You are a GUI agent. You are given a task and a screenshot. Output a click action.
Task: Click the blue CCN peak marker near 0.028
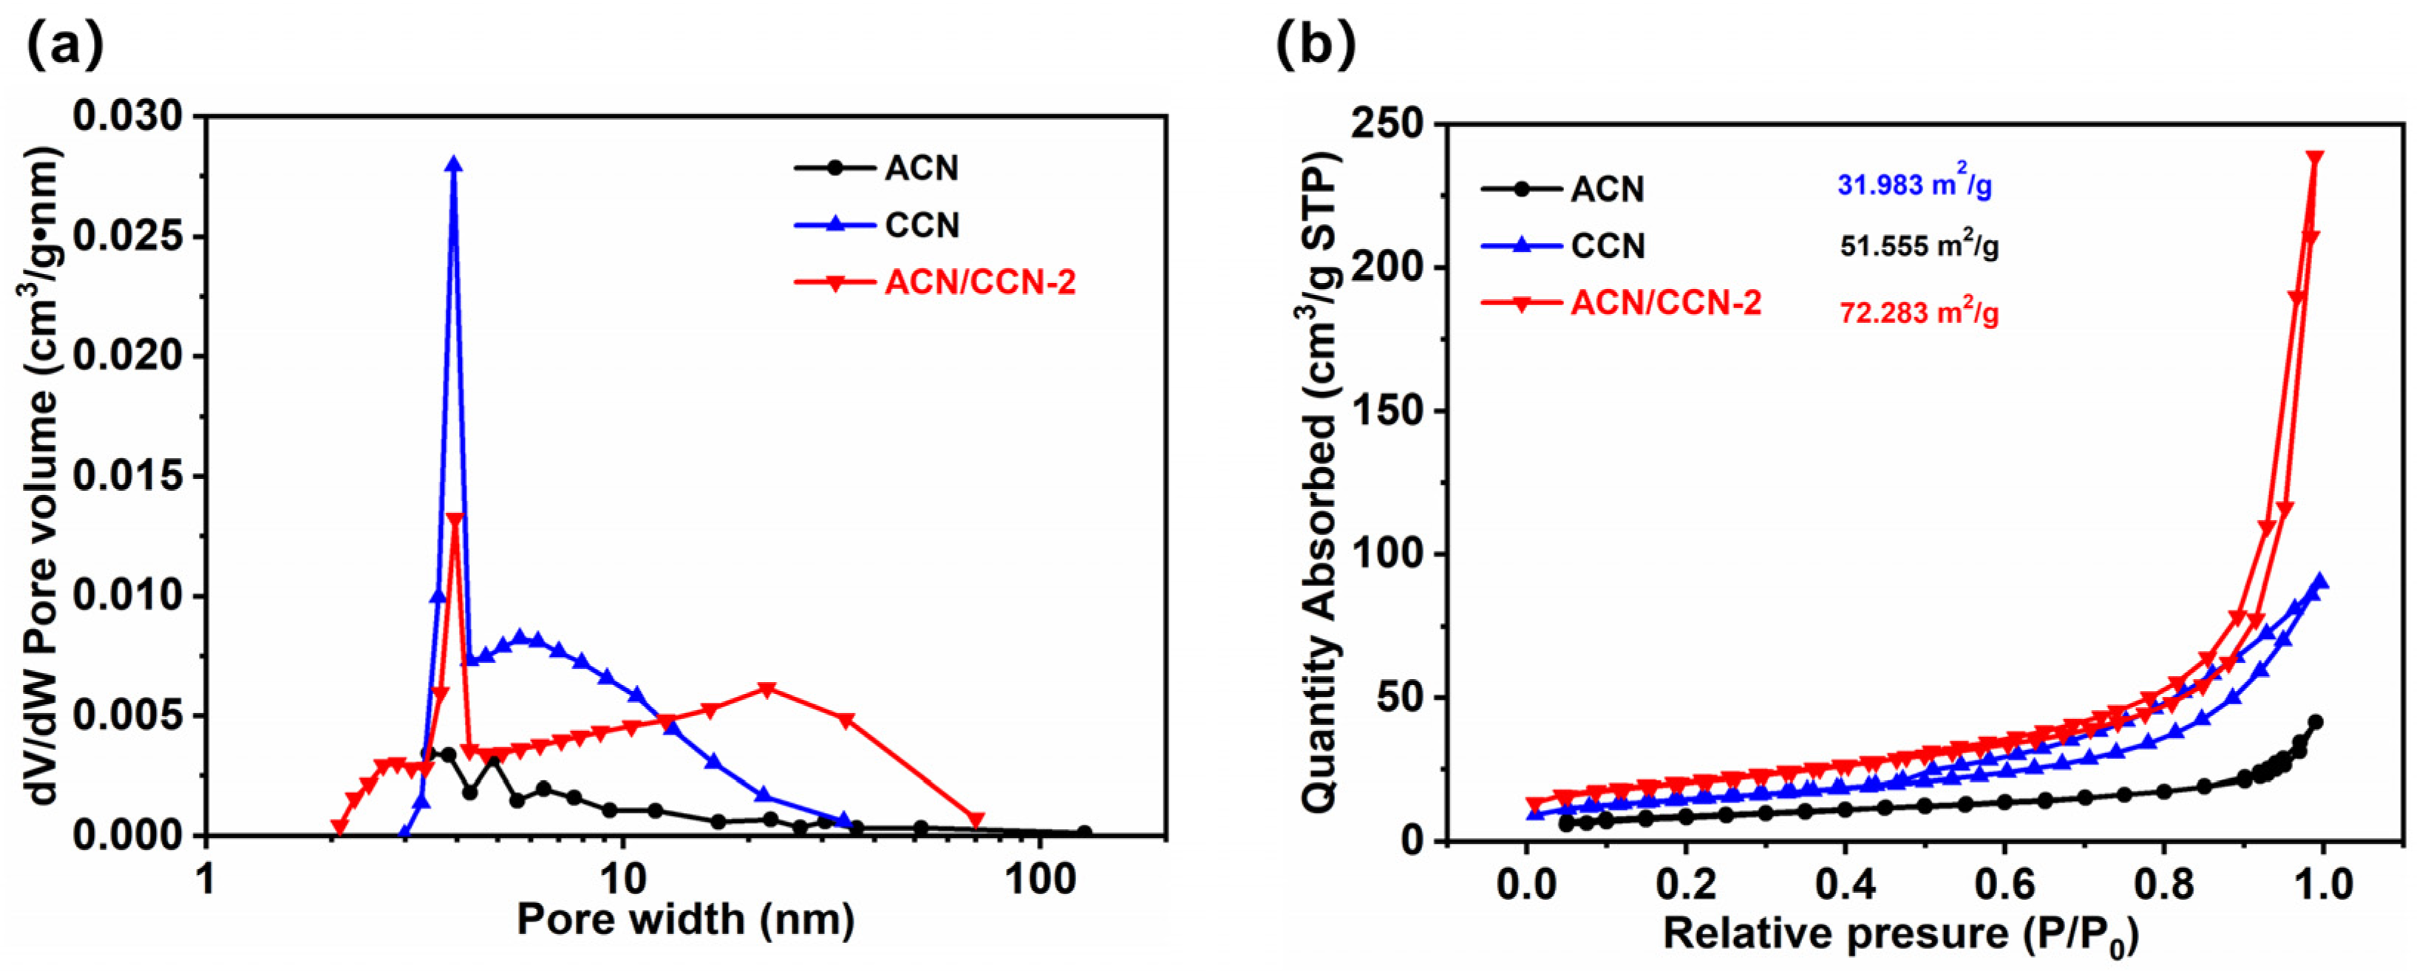click(x=454, y=164)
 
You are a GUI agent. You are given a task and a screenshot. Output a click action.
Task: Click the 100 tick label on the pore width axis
click(x=1038, y=881)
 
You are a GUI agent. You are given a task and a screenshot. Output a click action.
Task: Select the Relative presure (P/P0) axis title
click(x=1901, y=936)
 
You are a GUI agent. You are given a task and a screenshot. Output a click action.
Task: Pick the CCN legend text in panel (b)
click(x=1608, y=246)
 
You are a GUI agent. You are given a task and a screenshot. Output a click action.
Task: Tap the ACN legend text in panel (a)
click(x=922, y=169)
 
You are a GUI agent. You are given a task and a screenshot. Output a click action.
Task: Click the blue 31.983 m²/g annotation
click(x=1914, y=185)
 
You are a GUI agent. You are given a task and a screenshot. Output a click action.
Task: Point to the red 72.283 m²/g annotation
click(x=1919, y=312)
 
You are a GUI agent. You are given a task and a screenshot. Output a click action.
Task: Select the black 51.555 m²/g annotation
click(x=1919, y=247)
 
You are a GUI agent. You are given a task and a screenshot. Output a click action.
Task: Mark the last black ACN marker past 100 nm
click(x=1084, y=832)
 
